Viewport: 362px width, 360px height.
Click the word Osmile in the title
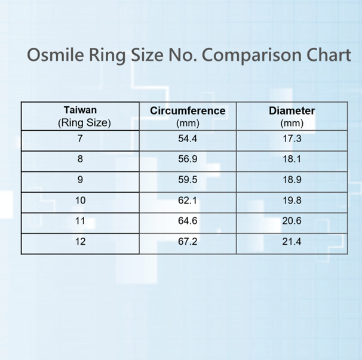pos(56,55)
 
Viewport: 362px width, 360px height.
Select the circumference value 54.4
pos(188,139)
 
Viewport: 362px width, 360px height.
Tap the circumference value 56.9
pos(188,159)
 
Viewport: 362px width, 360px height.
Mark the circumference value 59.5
pos(188,180)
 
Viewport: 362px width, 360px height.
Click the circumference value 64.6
pos(188,221)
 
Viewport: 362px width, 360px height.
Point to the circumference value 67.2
pos(188,242)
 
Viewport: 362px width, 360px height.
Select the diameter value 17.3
pos(292,139)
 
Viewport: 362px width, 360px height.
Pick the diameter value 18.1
pos(292,159)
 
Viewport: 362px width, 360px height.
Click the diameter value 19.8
pos(292,201)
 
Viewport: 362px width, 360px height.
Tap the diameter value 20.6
pos(292,221)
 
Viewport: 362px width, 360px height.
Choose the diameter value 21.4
pos(292,242)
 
